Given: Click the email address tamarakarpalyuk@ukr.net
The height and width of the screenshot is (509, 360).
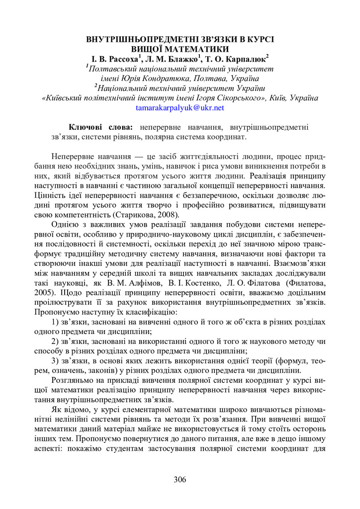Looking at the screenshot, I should click(x=180, y=107).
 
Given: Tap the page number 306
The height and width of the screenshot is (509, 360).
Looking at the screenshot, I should click(x=180, y=479).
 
